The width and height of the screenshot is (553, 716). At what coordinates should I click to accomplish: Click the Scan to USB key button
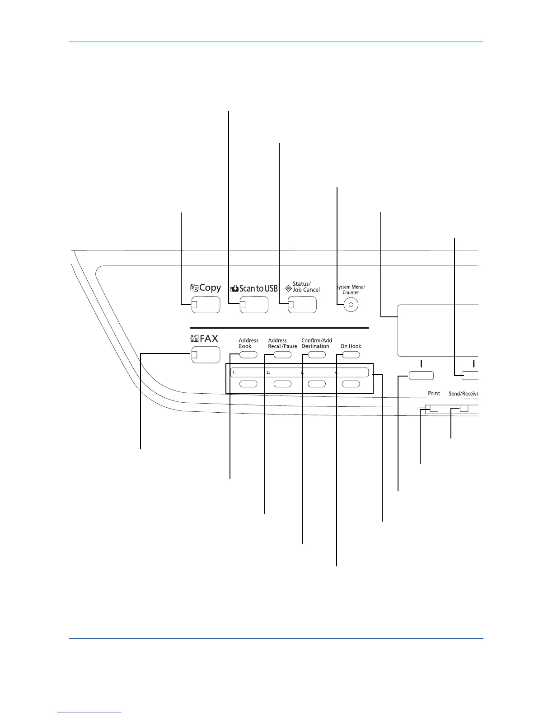pos(254,305)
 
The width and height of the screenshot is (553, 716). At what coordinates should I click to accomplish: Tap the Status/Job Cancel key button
pos(302,305)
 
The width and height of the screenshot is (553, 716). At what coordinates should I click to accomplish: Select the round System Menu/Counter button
pos(351,305)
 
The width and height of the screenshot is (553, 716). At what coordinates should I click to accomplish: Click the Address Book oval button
pos(248,355)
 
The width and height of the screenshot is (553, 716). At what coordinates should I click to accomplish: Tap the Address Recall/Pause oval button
pos(282,355)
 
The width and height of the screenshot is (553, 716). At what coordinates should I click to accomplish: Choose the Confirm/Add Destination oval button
pos(317,355)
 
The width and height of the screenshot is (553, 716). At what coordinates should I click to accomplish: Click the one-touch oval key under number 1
pos(248,384)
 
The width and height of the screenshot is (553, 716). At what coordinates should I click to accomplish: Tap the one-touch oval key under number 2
pos(282,384)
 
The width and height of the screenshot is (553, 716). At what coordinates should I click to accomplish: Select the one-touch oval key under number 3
pos(317,384)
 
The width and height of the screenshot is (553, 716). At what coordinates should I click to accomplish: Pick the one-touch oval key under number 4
pos(351,384)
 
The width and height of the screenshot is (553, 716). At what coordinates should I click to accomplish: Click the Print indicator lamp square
pos(434,409)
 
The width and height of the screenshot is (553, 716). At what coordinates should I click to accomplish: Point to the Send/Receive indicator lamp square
pos(464,409)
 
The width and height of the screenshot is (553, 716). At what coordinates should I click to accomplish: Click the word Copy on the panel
pos(210,288)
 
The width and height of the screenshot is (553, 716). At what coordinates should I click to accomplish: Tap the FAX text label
pos(209,338)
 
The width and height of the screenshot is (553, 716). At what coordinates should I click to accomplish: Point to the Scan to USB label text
pos(258,288)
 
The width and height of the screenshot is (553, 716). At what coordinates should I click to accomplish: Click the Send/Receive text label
pos(463,394)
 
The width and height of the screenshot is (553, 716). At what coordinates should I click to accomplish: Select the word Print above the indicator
pos(434,393)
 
